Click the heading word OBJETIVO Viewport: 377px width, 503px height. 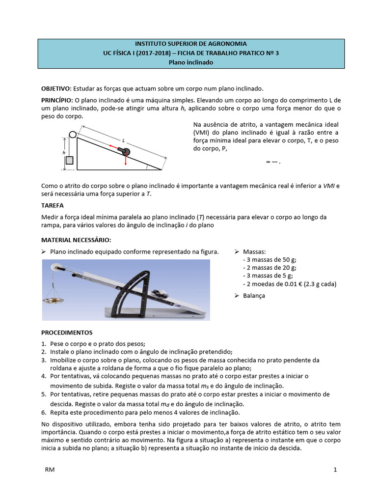point(56,88)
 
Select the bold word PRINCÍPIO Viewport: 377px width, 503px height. point(57,100)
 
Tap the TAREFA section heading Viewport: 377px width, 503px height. point(52,205)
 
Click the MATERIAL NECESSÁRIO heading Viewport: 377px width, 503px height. point(76,240)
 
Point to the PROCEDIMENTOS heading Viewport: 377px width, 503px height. point(66,333)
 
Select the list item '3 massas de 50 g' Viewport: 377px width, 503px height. point(269,259)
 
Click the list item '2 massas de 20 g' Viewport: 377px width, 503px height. point(269,268)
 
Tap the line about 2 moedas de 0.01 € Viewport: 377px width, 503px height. point(290,284)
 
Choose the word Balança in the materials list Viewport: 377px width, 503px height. point(254,296)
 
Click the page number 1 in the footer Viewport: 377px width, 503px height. point(335,470)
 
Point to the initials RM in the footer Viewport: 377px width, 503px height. point(50,470)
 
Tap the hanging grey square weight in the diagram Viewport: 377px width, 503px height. point(70,160)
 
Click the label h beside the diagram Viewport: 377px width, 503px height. point(64,153)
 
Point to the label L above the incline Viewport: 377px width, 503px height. point(124,140)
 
